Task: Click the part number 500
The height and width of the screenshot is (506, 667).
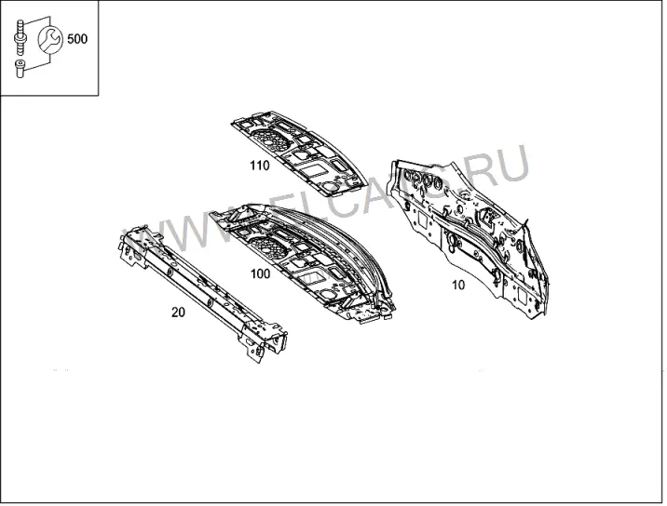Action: pyautogui.click(x=77, y=39)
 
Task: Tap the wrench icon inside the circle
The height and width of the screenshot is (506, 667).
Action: pyautogui.click(x=50, y=39)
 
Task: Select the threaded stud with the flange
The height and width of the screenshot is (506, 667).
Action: pyautogui.click(x=20, y=37)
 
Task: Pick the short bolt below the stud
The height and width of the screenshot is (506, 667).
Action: pyautogui.click(x=20, y=69)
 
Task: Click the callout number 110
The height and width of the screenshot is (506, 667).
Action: pyautogui.click(x=260, y=166)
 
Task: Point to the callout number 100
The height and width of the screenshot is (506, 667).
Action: pyautogui.click(x=260, y=274)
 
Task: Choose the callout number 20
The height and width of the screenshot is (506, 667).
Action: pyautogui.click(x=178, y=313)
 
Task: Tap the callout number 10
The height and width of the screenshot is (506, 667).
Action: pyautogui.click(x=458, y=285)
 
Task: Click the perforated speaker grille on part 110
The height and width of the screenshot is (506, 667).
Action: pyautogui.click(x=270, y=140)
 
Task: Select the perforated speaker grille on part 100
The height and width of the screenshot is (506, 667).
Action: pyautogui.click(x=270, y=246)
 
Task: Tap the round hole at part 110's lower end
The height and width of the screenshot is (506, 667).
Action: pyautogui.click(x=330, y=186)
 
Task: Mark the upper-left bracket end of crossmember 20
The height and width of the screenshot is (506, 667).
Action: pyautogui.click(x=134, y=246)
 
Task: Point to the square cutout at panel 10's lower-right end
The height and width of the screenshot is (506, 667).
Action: pyautogui.click(x=523, y=295)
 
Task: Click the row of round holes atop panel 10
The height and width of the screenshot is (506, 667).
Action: pyautogui.click(x=423, y=179)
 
